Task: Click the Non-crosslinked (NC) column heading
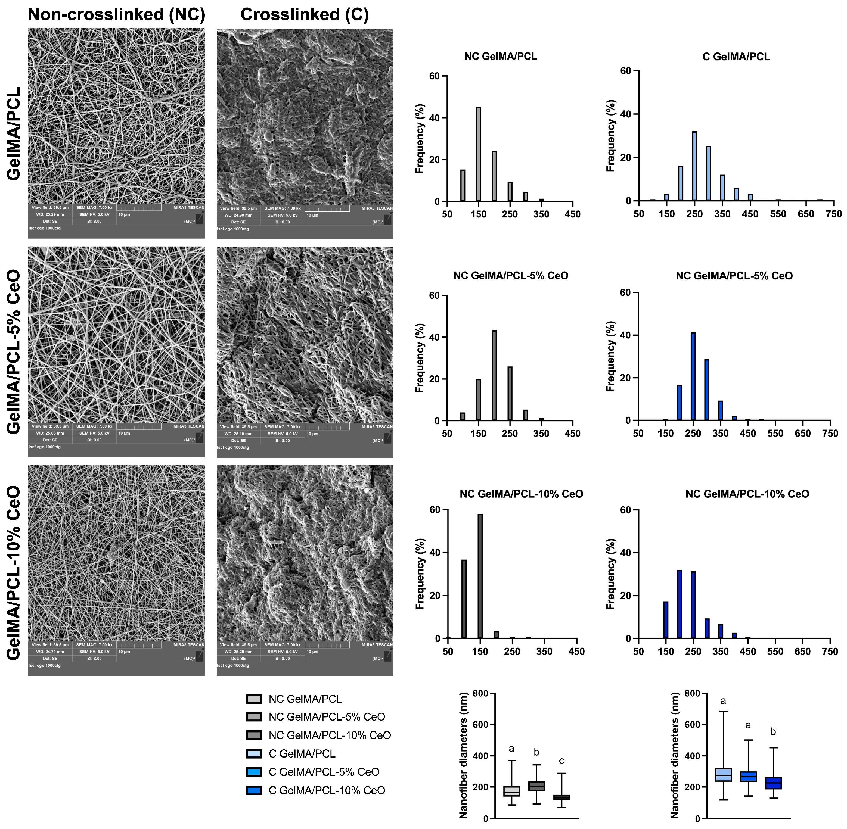pos(116,14)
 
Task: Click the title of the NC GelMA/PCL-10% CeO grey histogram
pos(521,494)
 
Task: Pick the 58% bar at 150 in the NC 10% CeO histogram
pos(480,576)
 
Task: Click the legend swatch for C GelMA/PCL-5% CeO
pos(254,772)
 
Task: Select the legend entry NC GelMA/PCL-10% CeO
pos(330,735)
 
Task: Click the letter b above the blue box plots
pos(773,732)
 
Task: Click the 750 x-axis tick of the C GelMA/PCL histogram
pos(833,214)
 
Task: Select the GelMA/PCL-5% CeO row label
pos(14,352)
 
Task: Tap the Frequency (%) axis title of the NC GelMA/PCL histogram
pos(420,138)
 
